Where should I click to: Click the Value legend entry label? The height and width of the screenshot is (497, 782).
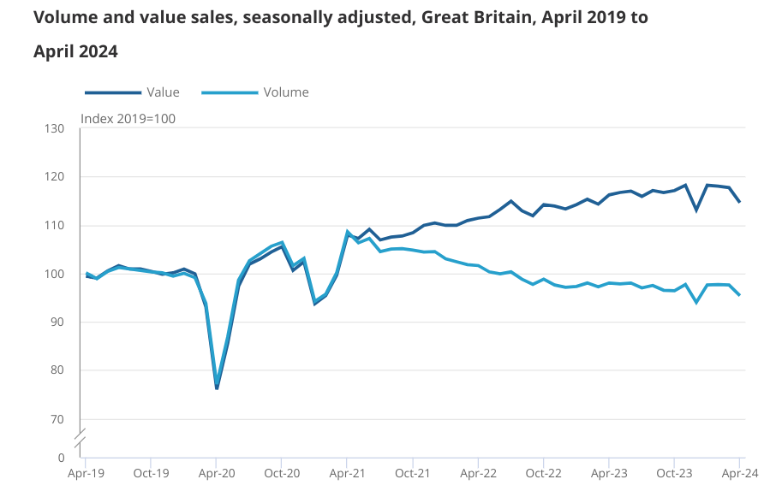pos(163,92)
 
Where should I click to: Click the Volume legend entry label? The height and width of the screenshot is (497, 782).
pos(286,92)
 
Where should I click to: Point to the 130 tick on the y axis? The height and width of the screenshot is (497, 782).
pos(55,129)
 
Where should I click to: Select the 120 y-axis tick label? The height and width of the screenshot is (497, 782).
pos(55,177)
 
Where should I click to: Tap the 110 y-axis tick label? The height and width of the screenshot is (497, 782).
pos(55,226)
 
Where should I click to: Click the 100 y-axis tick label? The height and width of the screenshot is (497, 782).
pos(55,274)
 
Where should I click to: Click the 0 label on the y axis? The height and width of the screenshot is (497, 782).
pos(62,458)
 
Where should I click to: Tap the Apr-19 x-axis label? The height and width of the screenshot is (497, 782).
pos(86,472)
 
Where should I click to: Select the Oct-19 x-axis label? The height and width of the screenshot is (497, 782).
pos(151,472)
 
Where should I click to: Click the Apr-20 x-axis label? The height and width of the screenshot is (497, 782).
pos(217,472)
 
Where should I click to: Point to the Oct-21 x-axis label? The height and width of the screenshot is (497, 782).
pos(412,472)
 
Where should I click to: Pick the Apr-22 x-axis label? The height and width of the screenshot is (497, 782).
pos(478,472)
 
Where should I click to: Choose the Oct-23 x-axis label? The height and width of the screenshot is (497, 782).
pos(674,472)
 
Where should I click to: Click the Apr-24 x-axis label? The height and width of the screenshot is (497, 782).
pos(739,472)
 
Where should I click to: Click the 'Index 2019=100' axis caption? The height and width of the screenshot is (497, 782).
pos(128,119)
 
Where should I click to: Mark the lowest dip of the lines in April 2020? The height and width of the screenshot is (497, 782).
pos(217,388)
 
